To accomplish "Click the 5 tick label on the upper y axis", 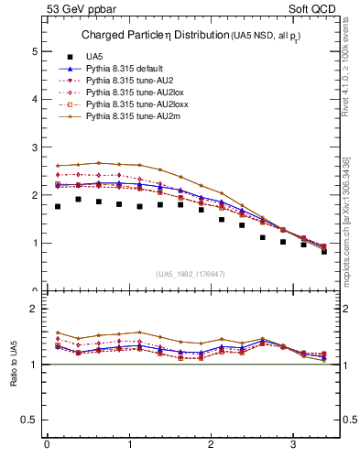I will (x=35, y=52).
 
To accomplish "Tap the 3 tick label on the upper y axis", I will (x=35, y=147).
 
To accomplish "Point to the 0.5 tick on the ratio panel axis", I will (x=30, y=420).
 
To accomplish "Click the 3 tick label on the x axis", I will (x=293, y=445).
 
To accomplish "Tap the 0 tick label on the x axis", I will (x=47, y=445).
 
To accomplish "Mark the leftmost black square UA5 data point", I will (x=58, y=206).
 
